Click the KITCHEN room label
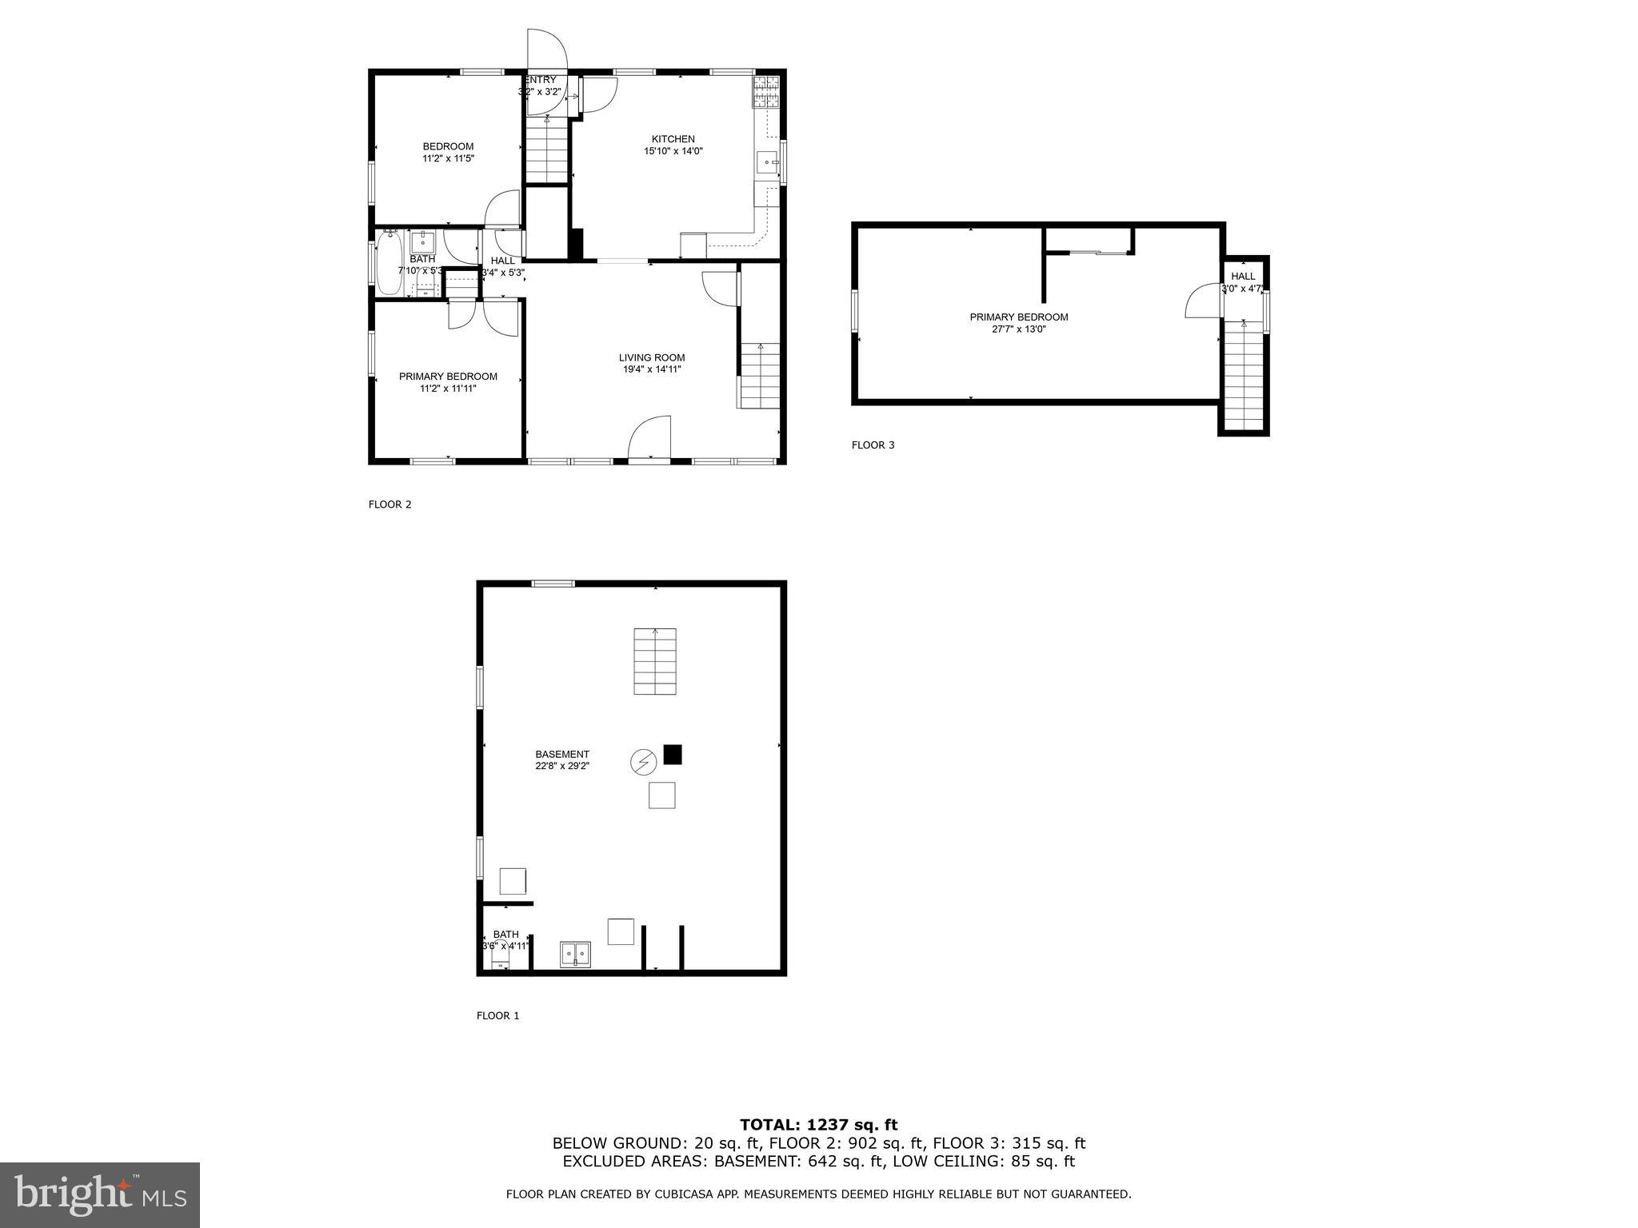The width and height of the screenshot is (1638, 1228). click(673, 139)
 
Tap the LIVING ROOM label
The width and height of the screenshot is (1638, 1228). click(652, 357)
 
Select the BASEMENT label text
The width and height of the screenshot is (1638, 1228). click(562, 754)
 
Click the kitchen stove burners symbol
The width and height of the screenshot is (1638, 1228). click(765, 91)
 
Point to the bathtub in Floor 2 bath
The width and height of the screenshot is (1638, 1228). click(390, 263)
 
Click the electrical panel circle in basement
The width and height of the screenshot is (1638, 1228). click(643, 762)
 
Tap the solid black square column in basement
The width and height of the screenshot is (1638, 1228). click(673, 754)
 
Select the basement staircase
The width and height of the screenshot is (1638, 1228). click(655, 661)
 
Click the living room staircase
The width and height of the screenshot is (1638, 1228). click(759, 376)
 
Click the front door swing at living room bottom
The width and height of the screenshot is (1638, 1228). click(649, 438)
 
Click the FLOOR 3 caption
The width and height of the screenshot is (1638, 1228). click(873, 445)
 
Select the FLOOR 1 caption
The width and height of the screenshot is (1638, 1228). click(497, 1016)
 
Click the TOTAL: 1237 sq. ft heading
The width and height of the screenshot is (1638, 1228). click(818, 1125)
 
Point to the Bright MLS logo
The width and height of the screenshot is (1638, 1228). click(100, 1194)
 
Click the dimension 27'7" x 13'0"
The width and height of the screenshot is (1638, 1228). click(1018, 329)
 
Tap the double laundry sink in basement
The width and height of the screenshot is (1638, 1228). click(575, 953)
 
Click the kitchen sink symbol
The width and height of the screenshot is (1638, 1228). click(767, 162)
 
